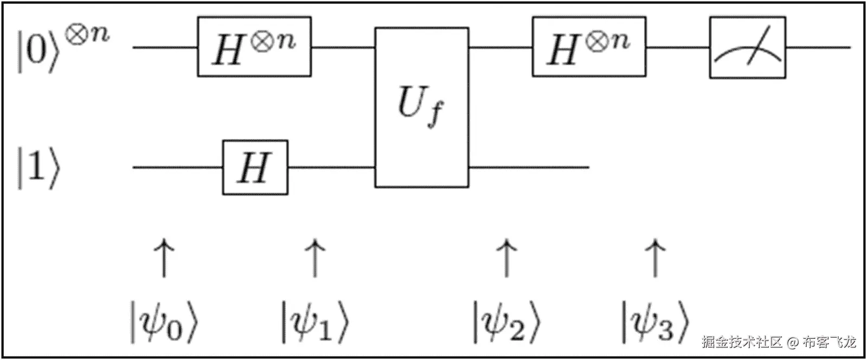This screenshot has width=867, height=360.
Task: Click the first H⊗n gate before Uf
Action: tap(254, 47)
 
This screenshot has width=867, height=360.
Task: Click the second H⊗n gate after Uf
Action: tap(589, 47)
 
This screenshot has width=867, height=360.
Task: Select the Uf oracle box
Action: tap(421, 107)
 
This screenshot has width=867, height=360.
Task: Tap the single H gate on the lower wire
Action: tap(255, 167)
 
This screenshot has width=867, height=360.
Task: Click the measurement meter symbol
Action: tap(747, 47)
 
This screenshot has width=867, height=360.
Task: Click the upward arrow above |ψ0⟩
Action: tap(164, 259)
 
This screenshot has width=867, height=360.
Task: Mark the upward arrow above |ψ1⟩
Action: tap(315, 259)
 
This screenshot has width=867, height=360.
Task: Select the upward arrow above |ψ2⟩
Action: tap(506, 259)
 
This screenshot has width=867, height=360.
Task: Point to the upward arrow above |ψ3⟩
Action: tap(655, 259)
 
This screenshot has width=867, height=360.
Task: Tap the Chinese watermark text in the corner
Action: tap(778, 342)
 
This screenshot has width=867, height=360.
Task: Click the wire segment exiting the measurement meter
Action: tap(818, 47)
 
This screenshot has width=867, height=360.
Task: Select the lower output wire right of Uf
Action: tap(529, 167)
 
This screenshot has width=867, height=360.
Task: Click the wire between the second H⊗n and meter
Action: tap(678, 47)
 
